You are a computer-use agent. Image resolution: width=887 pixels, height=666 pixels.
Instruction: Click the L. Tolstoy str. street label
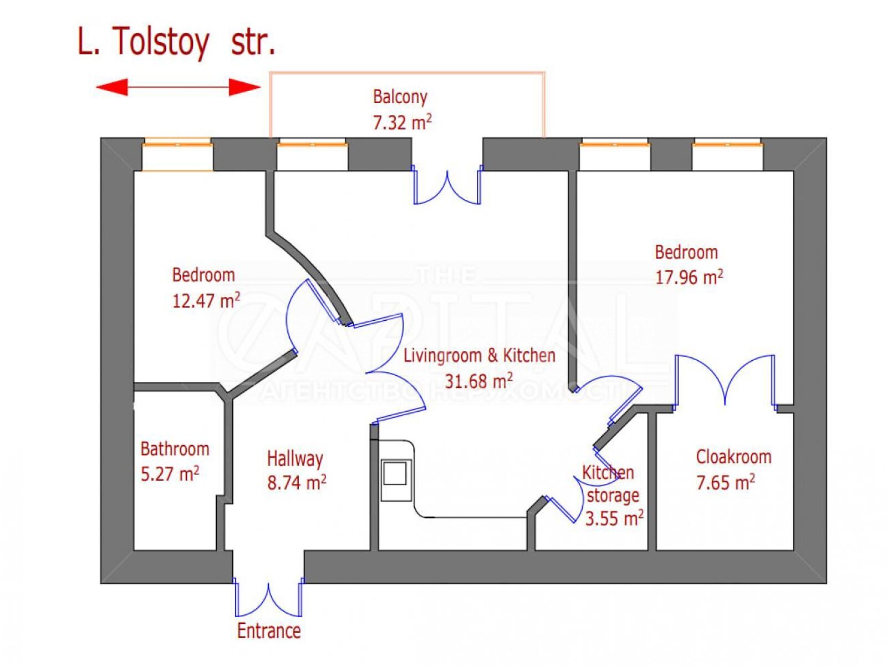(176, 42)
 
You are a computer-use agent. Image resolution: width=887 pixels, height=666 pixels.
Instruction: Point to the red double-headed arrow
(178, 87)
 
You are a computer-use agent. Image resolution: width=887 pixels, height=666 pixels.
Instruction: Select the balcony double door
(447, 186)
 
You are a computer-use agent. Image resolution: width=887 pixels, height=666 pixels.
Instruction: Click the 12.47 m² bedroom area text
(206, 301)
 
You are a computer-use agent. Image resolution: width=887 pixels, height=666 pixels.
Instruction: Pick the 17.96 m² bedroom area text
(689, 277)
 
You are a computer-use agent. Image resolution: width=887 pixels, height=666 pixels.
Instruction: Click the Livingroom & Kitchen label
(479, 356)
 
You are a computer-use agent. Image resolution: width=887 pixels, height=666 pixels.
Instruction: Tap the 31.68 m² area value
(478, 381)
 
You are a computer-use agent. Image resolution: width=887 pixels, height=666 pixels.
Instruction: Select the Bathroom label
(175, 448)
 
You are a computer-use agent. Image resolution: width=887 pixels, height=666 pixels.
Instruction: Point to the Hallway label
(295, 458)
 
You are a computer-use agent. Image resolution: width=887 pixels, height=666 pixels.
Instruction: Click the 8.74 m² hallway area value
(297, 483)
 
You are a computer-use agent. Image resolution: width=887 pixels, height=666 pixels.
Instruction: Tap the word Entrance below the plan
(269, 631)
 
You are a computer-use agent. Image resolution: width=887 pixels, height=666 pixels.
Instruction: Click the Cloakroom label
(733, 457)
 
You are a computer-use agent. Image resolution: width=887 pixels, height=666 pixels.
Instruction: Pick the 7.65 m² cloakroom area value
(725, 483)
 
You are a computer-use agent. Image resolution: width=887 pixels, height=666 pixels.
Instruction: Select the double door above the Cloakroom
(725, 380)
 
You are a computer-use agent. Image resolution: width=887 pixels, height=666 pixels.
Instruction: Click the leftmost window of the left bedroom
(177, 155)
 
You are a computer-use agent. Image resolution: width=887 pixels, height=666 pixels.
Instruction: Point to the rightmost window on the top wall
(727, 155)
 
